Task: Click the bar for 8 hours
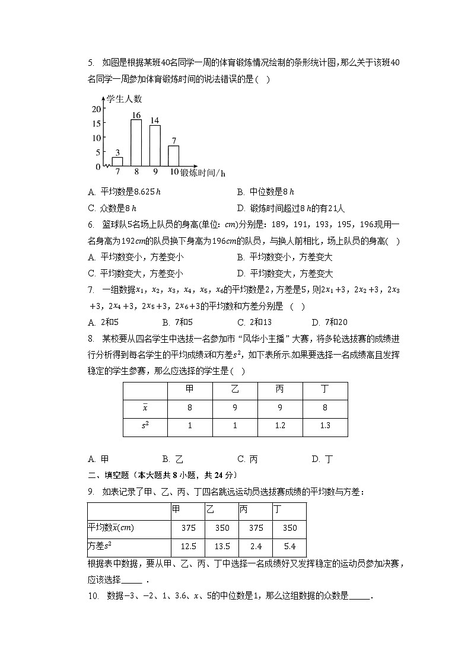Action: tap(136, 143)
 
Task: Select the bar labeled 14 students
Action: tap(155, 146)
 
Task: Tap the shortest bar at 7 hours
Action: tap(117, 161)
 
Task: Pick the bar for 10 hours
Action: tap(173, 155)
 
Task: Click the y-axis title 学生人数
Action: tap(124, 98)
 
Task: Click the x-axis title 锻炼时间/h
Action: tap(202, 173)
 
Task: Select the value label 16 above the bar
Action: tap(136, 115)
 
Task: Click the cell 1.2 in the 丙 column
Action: tap(279, 426)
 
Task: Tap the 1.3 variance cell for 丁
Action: tap(324, 426)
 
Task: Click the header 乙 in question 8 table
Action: tap(234, 389)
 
